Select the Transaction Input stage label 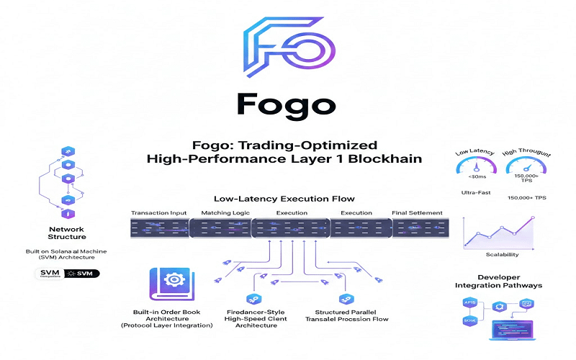[158, 213]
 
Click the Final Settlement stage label [417, 213]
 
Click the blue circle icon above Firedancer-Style [253, 297]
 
